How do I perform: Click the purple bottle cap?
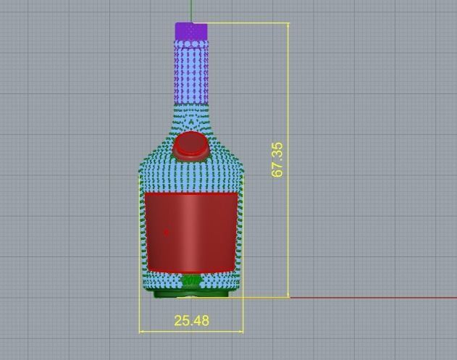(x=191, y=30)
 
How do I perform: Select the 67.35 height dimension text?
(x=277, y=159)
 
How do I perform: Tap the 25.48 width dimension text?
(x=191, y=319)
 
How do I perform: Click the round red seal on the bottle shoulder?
(x=191, y=146)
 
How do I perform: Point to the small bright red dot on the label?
(x=166, y=233)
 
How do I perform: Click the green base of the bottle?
(x=191, y=292)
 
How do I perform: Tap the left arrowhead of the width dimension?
(x=142, y=332)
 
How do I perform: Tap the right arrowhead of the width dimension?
(x=240, y=332)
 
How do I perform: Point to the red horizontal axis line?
(x=377, y=297)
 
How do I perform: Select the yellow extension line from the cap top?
(x=246, y=23)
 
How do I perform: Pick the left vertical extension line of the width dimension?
(x=139, y=315)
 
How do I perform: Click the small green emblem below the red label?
(x=191, y=280)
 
